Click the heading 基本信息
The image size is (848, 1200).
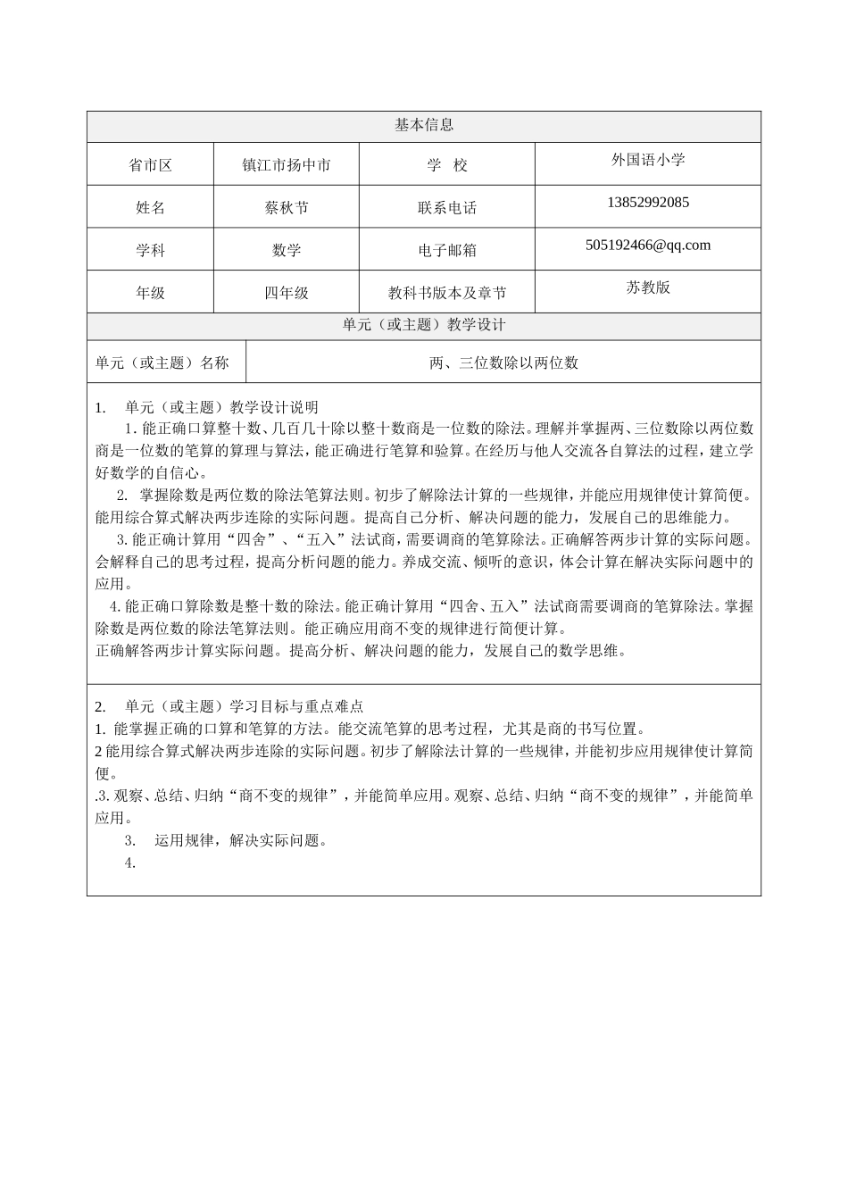pos(423,126)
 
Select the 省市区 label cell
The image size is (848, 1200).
pos(150,165)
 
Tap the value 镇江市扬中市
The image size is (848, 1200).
pos(287,165)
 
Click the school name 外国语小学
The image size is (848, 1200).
pos(648,160)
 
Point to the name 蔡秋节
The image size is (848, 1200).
pos(287,207)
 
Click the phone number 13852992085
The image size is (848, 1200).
pos(648,202)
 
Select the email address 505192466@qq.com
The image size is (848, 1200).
pos(648,245)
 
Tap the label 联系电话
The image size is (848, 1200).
pos(447,208)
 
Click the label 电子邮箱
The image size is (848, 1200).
pos(447,251)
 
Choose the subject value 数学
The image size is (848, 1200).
pos(287,251)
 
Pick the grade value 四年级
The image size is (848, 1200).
pos(287,293)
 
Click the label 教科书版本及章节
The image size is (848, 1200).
pos(447,293)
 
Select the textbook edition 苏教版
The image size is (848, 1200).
pos(648,287)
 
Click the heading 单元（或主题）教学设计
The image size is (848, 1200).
pos(423,326)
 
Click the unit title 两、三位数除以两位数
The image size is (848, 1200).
pos(503,362)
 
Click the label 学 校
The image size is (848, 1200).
pos(447,165)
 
